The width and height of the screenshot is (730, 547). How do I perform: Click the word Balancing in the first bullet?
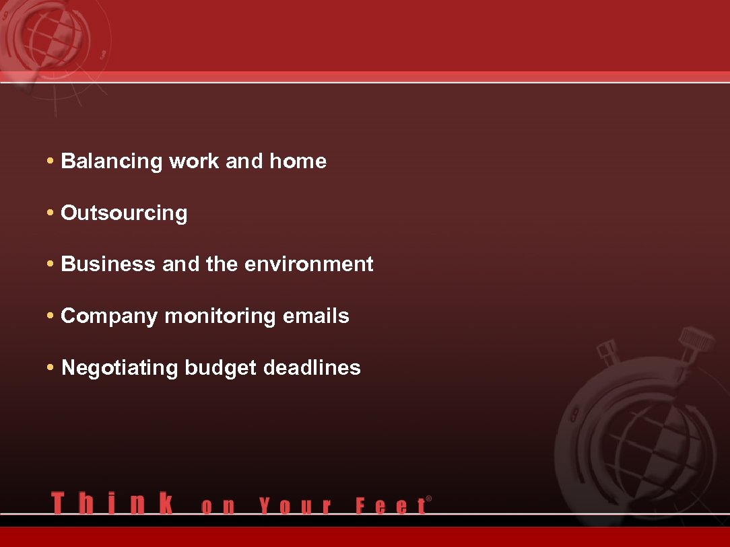(112, 162)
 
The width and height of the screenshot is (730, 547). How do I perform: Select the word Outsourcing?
(124, 213)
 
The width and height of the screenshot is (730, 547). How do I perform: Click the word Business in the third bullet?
(108, 264)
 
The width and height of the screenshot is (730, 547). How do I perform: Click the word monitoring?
(220, 317)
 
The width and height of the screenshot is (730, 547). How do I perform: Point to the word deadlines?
(312, 368)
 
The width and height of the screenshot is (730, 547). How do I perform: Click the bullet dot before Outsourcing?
(51, 213)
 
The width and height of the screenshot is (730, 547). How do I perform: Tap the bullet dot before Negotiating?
(51, 368)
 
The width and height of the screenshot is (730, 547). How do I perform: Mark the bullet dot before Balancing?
(51, 161)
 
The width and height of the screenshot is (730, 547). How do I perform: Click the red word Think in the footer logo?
(112, 503)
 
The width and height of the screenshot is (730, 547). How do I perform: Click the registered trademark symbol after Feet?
(429, 499)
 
